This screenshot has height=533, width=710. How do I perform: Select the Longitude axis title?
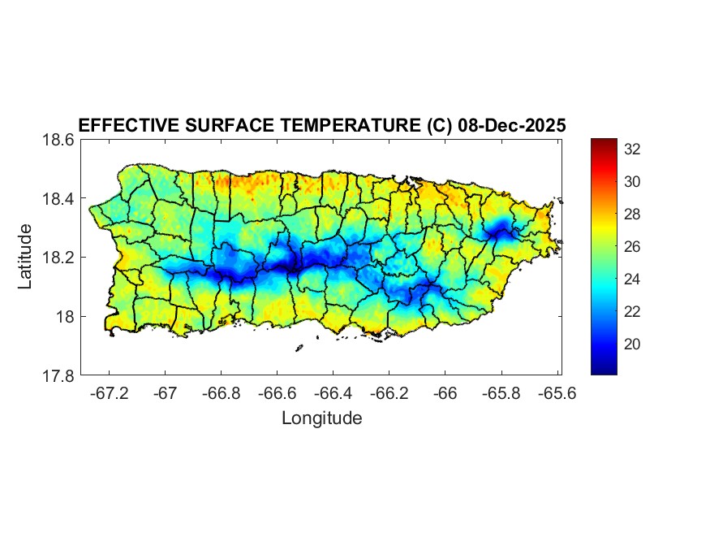(321, 418)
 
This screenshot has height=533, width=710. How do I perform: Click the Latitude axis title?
(26, 257)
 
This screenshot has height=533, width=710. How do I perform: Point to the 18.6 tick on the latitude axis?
(60, 140)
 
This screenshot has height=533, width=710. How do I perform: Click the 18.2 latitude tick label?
(60, 258)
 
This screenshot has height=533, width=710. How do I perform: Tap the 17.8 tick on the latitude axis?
(60, 375)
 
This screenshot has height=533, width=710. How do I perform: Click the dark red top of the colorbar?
(604, 143)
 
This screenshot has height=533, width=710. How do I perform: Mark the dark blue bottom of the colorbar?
(604, 370)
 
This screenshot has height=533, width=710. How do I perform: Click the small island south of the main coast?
(299, 348)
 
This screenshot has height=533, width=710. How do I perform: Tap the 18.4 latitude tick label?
(60, 198)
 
